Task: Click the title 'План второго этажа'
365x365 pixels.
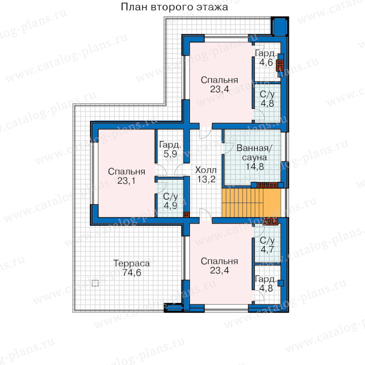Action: point(174,7)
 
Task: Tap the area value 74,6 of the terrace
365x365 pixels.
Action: point(132,273)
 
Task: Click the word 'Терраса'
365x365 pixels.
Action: point(131,264)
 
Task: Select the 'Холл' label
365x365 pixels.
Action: point(206,170)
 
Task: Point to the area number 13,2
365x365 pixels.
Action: point(206,179)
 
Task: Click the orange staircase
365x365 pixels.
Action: point(251,203)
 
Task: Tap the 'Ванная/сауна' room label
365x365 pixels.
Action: point(254,153)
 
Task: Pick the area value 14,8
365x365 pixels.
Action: point(255,167)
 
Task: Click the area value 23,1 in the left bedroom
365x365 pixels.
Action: point(127,181)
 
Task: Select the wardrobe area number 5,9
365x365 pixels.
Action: point(170,154)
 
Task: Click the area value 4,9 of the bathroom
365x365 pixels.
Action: point(170,206)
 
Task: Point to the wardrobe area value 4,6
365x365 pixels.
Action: point(266,62)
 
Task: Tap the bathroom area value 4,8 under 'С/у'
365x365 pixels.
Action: point(267,103)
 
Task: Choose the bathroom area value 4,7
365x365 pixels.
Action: point(267,249)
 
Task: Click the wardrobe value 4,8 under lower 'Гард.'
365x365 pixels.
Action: point(266,288)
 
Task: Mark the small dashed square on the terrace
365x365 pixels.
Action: point(95,283)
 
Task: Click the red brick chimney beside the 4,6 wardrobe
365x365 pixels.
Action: point(279,66)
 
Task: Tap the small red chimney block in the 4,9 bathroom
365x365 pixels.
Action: point(186,215)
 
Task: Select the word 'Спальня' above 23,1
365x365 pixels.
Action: point(127,172)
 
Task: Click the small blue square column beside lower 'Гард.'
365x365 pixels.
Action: point(281,283)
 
